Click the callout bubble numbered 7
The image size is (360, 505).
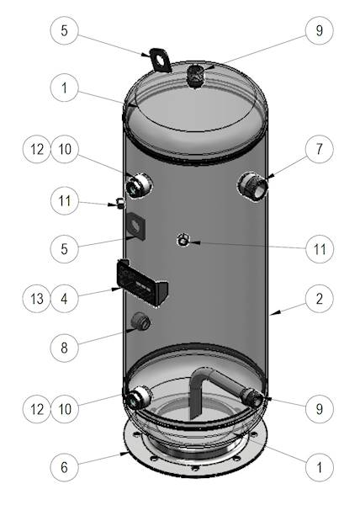[319, 149]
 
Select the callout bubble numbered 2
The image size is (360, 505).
[319, 299]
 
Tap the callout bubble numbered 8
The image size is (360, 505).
[64, 348]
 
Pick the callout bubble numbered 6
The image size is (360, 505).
[64, 467]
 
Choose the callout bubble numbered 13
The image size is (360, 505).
[37, 299]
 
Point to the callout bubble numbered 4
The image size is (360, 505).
[64, 299]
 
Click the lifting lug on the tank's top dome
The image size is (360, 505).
[160, 61]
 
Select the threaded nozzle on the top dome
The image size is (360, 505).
[196, 76]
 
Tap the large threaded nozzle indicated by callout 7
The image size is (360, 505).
[253, 186]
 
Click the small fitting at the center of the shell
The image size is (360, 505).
[183, 240]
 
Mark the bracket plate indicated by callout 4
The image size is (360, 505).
[141, 282]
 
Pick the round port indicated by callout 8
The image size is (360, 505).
[140, 321]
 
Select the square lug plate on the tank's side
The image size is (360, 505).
[136, 226]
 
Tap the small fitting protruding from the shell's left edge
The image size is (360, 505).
[120, 203]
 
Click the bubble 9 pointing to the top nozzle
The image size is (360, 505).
[319, 30]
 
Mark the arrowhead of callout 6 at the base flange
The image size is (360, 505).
[124, 453]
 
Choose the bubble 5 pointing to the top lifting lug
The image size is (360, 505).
[64, 30]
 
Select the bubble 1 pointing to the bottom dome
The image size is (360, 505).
[319, 467]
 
